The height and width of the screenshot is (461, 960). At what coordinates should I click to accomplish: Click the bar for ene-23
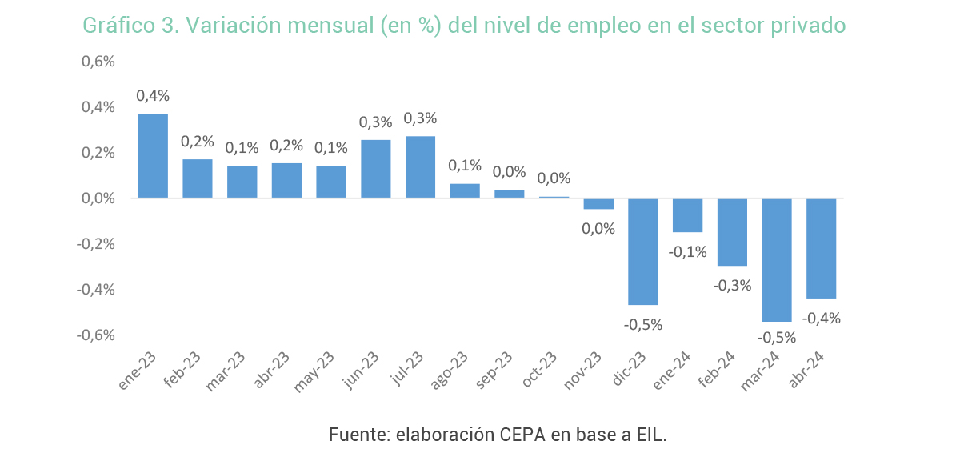(153, 156)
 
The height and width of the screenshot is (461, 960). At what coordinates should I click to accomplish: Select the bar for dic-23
(643, 251)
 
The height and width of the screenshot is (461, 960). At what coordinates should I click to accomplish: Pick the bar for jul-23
(421, 167)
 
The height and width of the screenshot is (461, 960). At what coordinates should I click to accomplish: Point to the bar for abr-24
(822, 248)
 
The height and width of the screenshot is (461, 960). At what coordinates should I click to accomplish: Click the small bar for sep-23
(510, 194)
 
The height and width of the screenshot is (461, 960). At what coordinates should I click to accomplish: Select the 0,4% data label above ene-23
(153, 96)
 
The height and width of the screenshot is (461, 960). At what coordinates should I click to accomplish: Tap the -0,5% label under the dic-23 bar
(643, 325)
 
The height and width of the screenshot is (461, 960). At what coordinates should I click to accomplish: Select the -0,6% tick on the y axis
(96, 335)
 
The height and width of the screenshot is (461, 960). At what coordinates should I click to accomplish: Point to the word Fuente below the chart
(358, 435)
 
